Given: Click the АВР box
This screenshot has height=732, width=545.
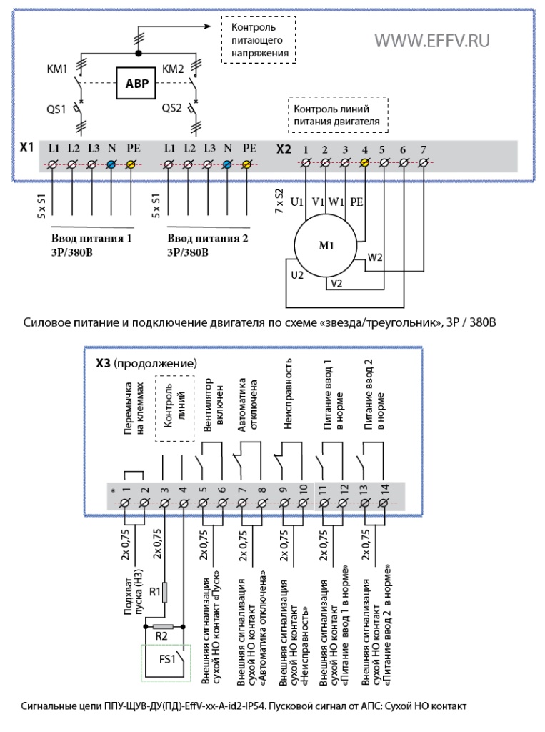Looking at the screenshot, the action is (136, 83).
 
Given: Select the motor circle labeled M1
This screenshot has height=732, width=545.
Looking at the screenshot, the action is (326, 246).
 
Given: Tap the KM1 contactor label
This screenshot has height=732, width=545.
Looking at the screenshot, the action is (57, 69).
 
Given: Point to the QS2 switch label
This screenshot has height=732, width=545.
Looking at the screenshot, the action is (171, 109).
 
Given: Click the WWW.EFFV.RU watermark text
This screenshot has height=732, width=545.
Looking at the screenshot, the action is (432, 41).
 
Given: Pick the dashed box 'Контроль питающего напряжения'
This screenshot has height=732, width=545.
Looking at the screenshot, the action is (259, 40).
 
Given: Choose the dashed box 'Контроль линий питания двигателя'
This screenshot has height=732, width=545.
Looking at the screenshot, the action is (338, 115).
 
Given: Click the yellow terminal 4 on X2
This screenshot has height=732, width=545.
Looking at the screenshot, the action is (365, 162).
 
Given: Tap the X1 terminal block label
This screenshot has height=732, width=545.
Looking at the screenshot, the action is (26, 147).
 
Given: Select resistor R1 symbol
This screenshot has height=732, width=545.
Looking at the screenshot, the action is (164, 592).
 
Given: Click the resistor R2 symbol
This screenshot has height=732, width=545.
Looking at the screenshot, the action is (164, 626).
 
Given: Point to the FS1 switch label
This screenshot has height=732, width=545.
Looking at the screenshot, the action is (167, 659).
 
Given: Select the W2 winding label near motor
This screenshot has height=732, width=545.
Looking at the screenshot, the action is (375, 257).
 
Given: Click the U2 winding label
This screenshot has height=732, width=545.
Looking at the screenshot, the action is (297, 275).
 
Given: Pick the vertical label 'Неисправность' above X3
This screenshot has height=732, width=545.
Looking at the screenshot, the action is (287, 394).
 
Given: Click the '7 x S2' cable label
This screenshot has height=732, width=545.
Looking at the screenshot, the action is (279, 201).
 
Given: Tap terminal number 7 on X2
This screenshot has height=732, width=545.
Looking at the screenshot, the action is (424, 150).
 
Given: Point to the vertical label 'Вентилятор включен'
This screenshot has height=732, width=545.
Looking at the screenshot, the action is (214, 405).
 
